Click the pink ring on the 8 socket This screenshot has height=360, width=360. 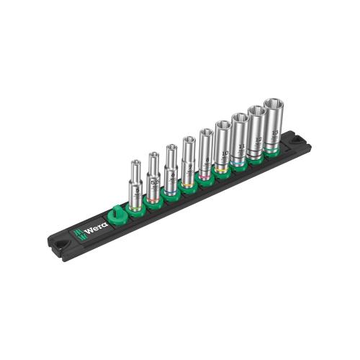[x=205, y=175]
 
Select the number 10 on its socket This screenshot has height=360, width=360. [x=224, y=153]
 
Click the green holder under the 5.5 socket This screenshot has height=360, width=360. [x=153, y=204]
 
